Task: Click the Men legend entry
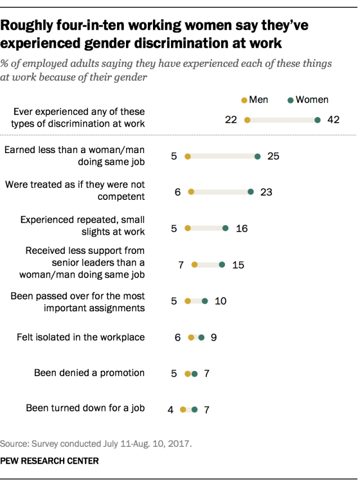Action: [255, 100]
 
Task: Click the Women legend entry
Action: [308, 100]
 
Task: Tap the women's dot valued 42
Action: [318, 120]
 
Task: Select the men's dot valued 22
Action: [247, 120]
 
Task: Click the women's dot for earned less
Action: [257, 156]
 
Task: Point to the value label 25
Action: [273, 156]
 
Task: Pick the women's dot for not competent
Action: [251, 192]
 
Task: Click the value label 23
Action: [266, 192]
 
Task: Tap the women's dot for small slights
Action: [226, 229]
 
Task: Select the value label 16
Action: [242, 229]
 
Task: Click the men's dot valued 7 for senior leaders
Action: [195, 265]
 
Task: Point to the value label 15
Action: [238, 265]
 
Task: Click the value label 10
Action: [220, 301]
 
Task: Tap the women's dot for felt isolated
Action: [201, 338]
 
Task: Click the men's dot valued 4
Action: [183, 410]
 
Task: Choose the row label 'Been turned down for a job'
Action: [85, 408]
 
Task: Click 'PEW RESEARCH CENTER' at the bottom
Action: [49, 461]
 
